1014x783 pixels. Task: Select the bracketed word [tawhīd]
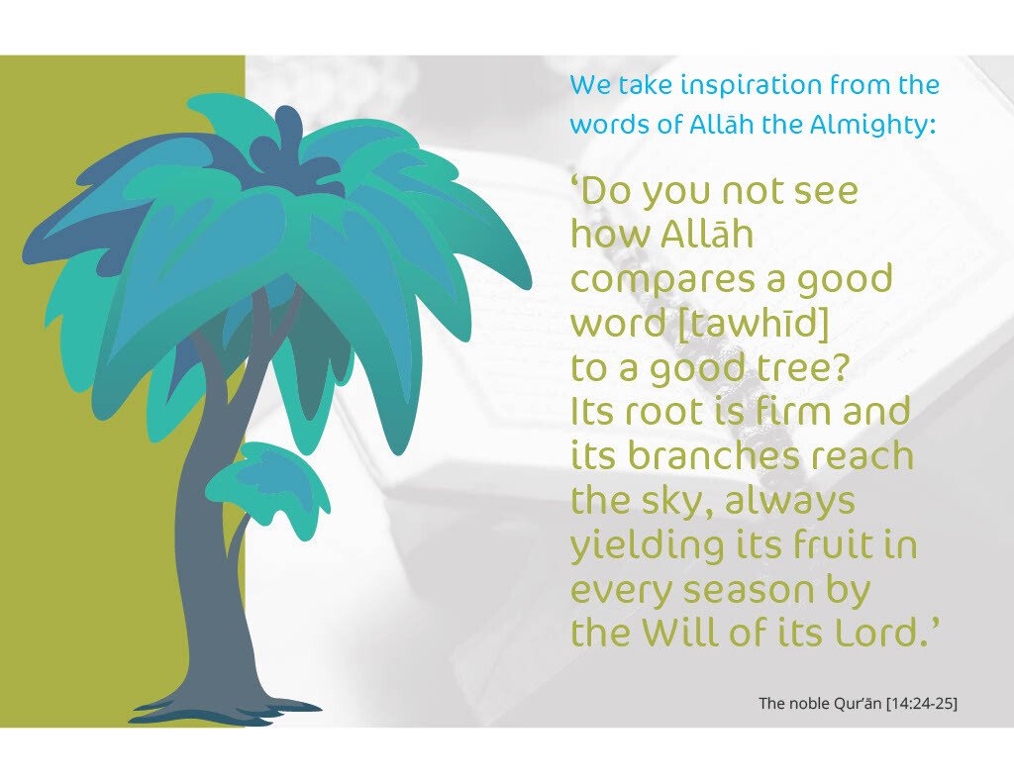754,324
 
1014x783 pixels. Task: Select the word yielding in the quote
648,545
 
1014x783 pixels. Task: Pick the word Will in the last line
681,633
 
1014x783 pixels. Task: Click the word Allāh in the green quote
707,234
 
